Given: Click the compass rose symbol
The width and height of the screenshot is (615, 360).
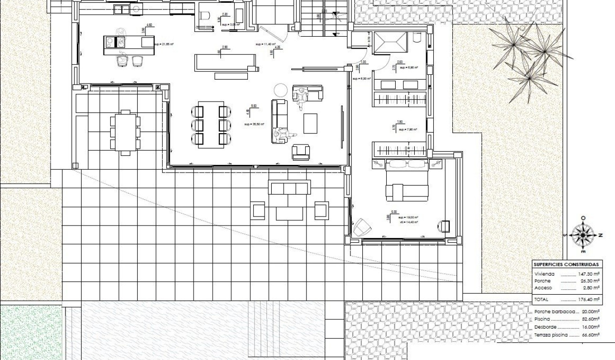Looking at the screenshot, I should pyautogui.click(x=582, y=235).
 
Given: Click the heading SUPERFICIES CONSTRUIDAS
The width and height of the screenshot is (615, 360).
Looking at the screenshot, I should pyautogui.click(x=566, y=265).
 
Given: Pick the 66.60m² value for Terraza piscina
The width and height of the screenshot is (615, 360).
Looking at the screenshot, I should pyautogui.click(x=591, y=335).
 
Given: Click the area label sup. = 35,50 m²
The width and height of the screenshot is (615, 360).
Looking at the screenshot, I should pyautogui.click(x=254, y=124).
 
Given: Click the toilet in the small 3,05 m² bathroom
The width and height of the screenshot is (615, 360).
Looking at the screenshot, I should pyautogui.click(x=205, y=16).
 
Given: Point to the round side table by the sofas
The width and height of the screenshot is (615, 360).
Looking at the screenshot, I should pyautogui.click(x=280, y=90).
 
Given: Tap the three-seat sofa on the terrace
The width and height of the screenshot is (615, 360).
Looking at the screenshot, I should pyautogui.click(x=289, y=188).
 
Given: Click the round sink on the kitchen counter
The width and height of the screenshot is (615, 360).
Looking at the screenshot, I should pyautogui.click(x=135, y=9).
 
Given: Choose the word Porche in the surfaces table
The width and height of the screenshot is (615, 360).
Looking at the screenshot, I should pyautogui.click(x=543, y=281).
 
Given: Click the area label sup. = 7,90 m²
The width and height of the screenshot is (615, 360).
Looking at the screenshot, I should pyautogui.click(x=409, y=130).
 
